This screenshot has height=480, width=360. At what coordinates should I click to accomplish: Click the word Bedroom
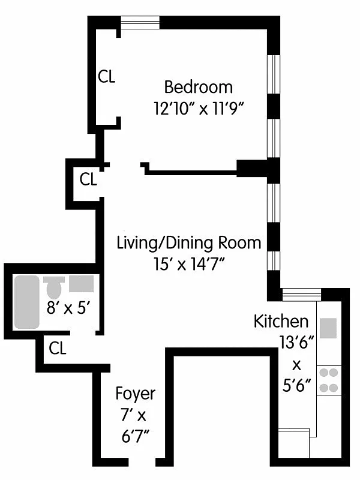198,87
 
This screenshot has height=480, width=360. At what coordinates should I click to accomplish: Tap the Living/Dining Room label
189,243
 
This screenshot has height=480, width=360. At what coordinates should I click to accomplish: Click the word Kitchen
281,321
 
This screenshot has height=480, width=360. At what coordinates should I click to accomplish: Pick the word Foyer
135,394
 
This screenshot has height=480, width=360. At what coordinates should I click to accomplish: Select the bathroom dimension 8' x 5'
68,308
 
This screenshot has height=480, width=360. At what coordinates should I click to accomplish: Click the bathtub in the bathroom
26,302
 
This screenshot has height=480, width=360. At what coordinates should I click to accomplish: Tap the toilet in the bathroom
54,288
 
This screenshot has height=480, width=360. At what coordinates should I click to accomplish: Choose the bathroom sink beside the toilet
80,283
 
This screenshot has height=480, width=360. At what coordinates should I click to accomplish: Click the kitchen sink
328,328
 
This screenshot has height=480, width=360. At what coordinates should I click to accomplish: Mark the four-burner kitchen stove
328,380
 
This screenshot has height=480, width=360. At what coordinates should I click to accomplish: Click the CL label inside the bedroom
107,77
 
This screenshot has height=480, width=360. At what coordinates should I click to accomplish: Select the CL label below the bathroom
58,347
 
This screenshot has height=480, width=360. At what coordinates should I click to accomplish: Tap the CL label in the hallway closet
88,179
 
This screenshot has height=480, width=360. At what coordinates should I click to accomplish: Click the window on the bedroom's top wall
139,23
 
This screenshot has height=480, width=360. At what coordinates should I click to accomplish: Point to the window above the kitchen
302,294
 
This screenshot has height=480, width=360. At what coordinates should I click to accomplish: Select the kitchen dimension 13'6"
294,343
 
